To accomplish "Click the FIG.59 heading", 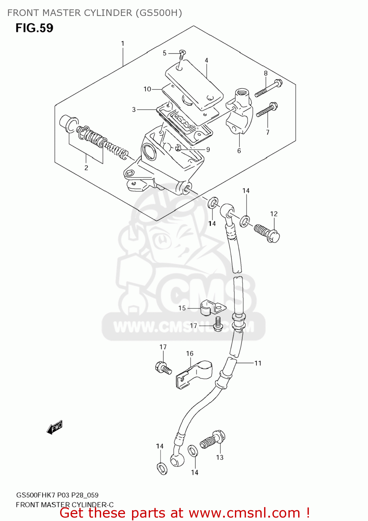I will pos(34,28).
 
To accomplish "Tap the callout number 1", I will pos(123,44).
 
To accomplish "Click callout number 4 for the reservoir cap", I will pos(206,60).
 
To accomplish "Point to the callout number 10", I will pos(147,89).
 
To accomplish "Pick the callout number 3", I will pos(134,110).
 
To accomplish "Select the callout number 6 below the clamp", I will pos(239,151).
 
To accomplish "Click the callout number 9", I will pos(208,150).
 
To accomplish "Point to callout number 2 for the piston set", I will pos(86,168).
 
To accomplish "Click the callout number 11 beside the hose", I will pos(258,363).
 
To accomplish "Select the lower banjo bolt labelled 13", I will pos(212,439).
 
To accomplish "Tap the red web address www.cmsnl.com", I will pos(244,513).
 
